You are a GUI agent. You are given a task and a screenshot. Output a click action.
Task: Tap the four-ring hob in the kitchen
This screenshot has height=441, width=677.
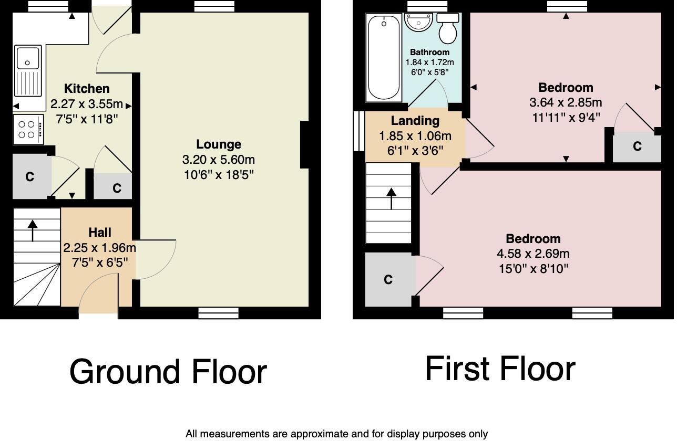[x=27, y=130]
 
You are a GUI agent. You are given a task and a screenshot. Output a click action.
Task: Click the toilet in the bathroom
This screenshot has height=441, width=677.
[x=448, y=29]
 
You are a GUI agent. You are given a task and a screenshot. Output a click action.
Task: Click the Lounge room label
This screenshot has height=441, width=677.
[x=219, y=144]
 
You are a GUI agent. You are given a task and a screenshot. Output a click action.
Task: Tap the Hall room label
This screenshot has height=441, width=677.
[x=99, y=233]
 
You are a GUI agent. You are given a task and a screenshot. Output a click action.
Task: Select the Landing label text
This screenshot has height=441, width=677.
[x=415, y=121]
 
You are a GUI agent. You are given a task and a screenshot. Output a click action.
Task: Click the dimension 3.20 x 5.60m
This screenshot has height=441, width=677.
[x=219, y=160]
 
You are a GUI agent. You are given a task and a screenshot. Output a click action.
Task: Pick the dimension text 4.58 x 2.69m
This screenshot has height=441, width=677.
[x=533, y=254]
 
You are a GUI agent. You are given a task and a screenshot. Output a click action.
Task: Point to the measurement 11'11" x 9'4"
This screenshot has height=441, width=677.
[x=566, y=117]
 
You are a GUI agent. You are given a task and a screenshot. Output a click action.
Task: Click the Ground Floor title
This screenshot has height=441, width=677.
[x=168, y=372]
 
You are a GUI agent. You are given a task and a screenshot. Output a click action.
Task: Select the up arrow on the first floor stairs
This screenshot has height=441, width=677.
[x=391, y=198]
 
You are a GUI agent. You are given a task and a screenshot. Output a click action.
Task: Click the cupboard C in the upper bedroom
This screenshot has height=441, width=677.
[x=637, y=147]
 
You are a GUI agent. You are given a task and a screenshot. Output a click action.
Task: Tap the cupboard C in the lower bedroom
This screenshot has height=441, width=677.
[x=388, y=280]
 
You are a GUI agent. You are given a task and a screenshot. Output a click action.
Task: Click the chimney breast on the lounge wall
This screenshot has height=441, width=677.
[x=304, y=145]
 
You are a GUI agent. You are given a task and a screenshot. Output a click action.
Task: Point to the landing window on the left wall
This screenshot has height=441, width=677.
[x=358, y=131]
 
